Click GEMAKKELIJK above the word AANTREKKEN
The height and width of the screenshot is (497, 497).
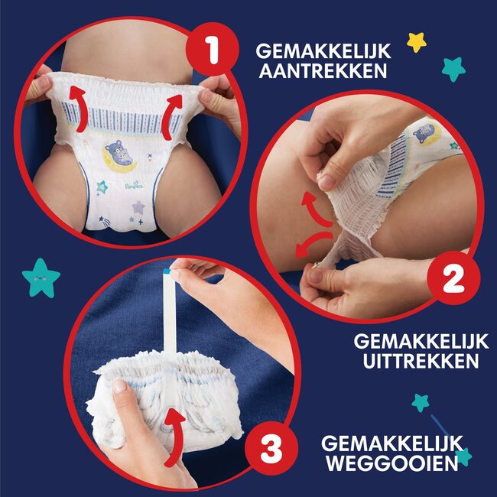pyautogui.click(x=323, y=51)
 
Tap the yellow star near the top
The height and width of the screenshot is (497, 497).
pyautogui.click(x=416, y=41)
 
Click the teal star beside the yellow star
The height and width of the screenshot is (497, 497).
pyautogui.click(x=453, y=69)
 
